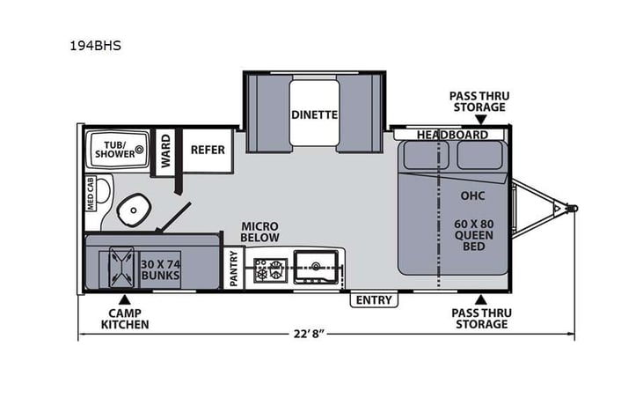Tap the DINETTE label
[315, 114]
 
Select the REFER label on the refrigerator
[208, 150]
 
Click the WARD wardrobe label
[164, 150]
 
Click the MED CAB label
[91, 193]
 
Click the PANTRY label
[234, 268]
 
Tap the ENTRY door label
[374, 300]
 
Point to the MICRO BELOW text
[260, 232]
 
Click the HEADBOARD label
[452, 135]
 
